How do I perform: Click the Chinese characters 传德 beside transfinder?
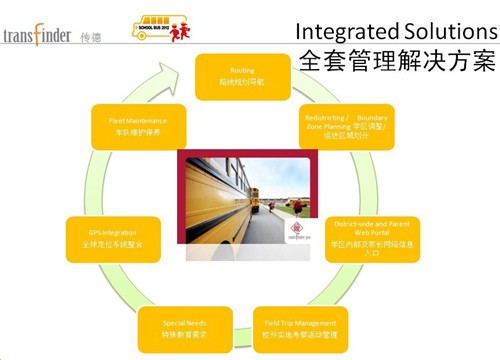(x=90, y=36)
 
